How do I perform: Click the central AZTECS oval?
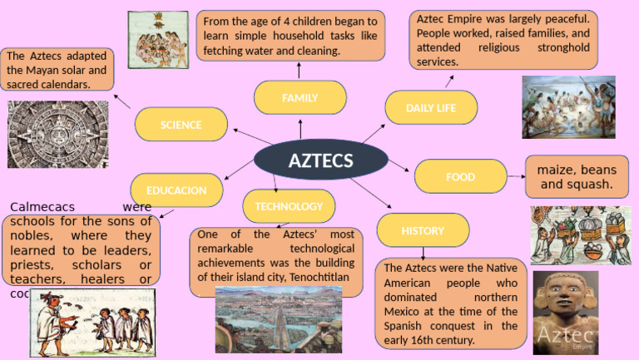[320, 160]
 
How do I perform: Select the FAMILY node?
[300, 97]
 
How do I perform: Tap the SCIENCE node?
[181, 125]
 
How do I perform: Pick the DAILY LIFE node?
[431, 108]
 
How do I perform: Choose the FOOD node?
[460, 176]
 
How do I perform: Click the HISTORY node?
[423, 230]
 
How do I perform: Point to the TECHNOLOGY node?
[289, 206]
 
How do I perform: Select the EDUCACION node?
[176, 190]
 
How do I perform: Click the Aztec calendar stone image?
[57, 135]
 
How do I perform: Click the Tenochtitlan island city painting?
[278, 319]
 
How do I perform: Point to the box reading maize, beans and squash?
[576, 176]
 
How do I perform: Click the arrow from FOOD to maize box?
[516, 176]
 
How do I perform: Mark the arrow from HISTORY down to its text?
[423, 253]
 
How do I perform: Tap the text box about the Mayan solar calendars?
[57, 70]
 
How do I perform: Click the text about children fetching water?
[290, 36]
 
